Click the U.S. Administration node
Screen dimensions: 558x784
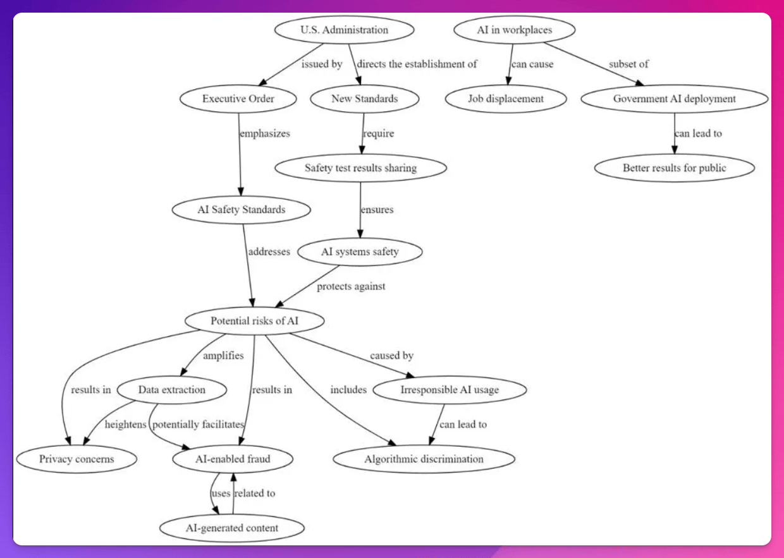pyautogui.click(x=344, y=30)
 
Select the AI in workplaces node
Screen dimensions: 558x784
pyautogui.click(x=514, y=30)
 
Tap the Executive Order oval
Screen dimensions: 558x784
pyautogui.click(x=238, y=99)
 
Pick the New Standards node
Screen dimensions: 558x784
pyautogui.click(x=364, y=99)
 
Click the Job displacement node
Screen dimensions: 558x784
pyautogui.click(x=506, y=99)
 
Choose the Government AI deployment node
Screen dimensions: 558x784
pyautogui.click(x=674, y=99)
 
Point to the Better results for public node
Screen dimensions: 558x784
pyautogui.click(x=674, y=168)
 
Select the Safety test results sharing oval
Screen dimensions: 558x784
pyautogui.click(x=360, y=168)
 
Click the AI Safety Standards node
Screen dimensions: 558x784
pyautogui.click(x=242, y=210)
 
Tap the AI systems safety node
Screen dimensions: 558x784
pyautogui.click(x=360, y=252)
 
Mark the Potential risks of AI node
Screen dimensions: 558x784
pyautogui.click(x=254, y=321)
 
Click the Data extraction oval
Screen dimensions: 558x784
pyautogui.click(x=172, y=390)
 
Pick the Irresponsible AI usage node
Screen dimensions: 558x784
pyautogui.click(x=450, y=390)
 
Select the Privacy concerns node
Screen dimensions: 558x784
pyautogui.click(x=77, y=459)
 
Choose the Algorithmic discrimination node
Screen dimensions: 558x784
pyautogui.click(x=424, y=459)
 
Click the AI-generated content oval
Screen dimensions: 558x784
pyautogui.click(x=232, y=528)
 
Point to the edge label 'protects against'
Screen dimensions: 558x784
pyautogui.click(x=351, y=286)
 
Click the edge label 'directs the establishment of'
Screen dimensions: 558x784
pyautogui.click(x=417, y=64)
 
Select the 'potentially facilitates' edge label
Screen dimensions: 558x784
pyautogui.click(x=198, y=425)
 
